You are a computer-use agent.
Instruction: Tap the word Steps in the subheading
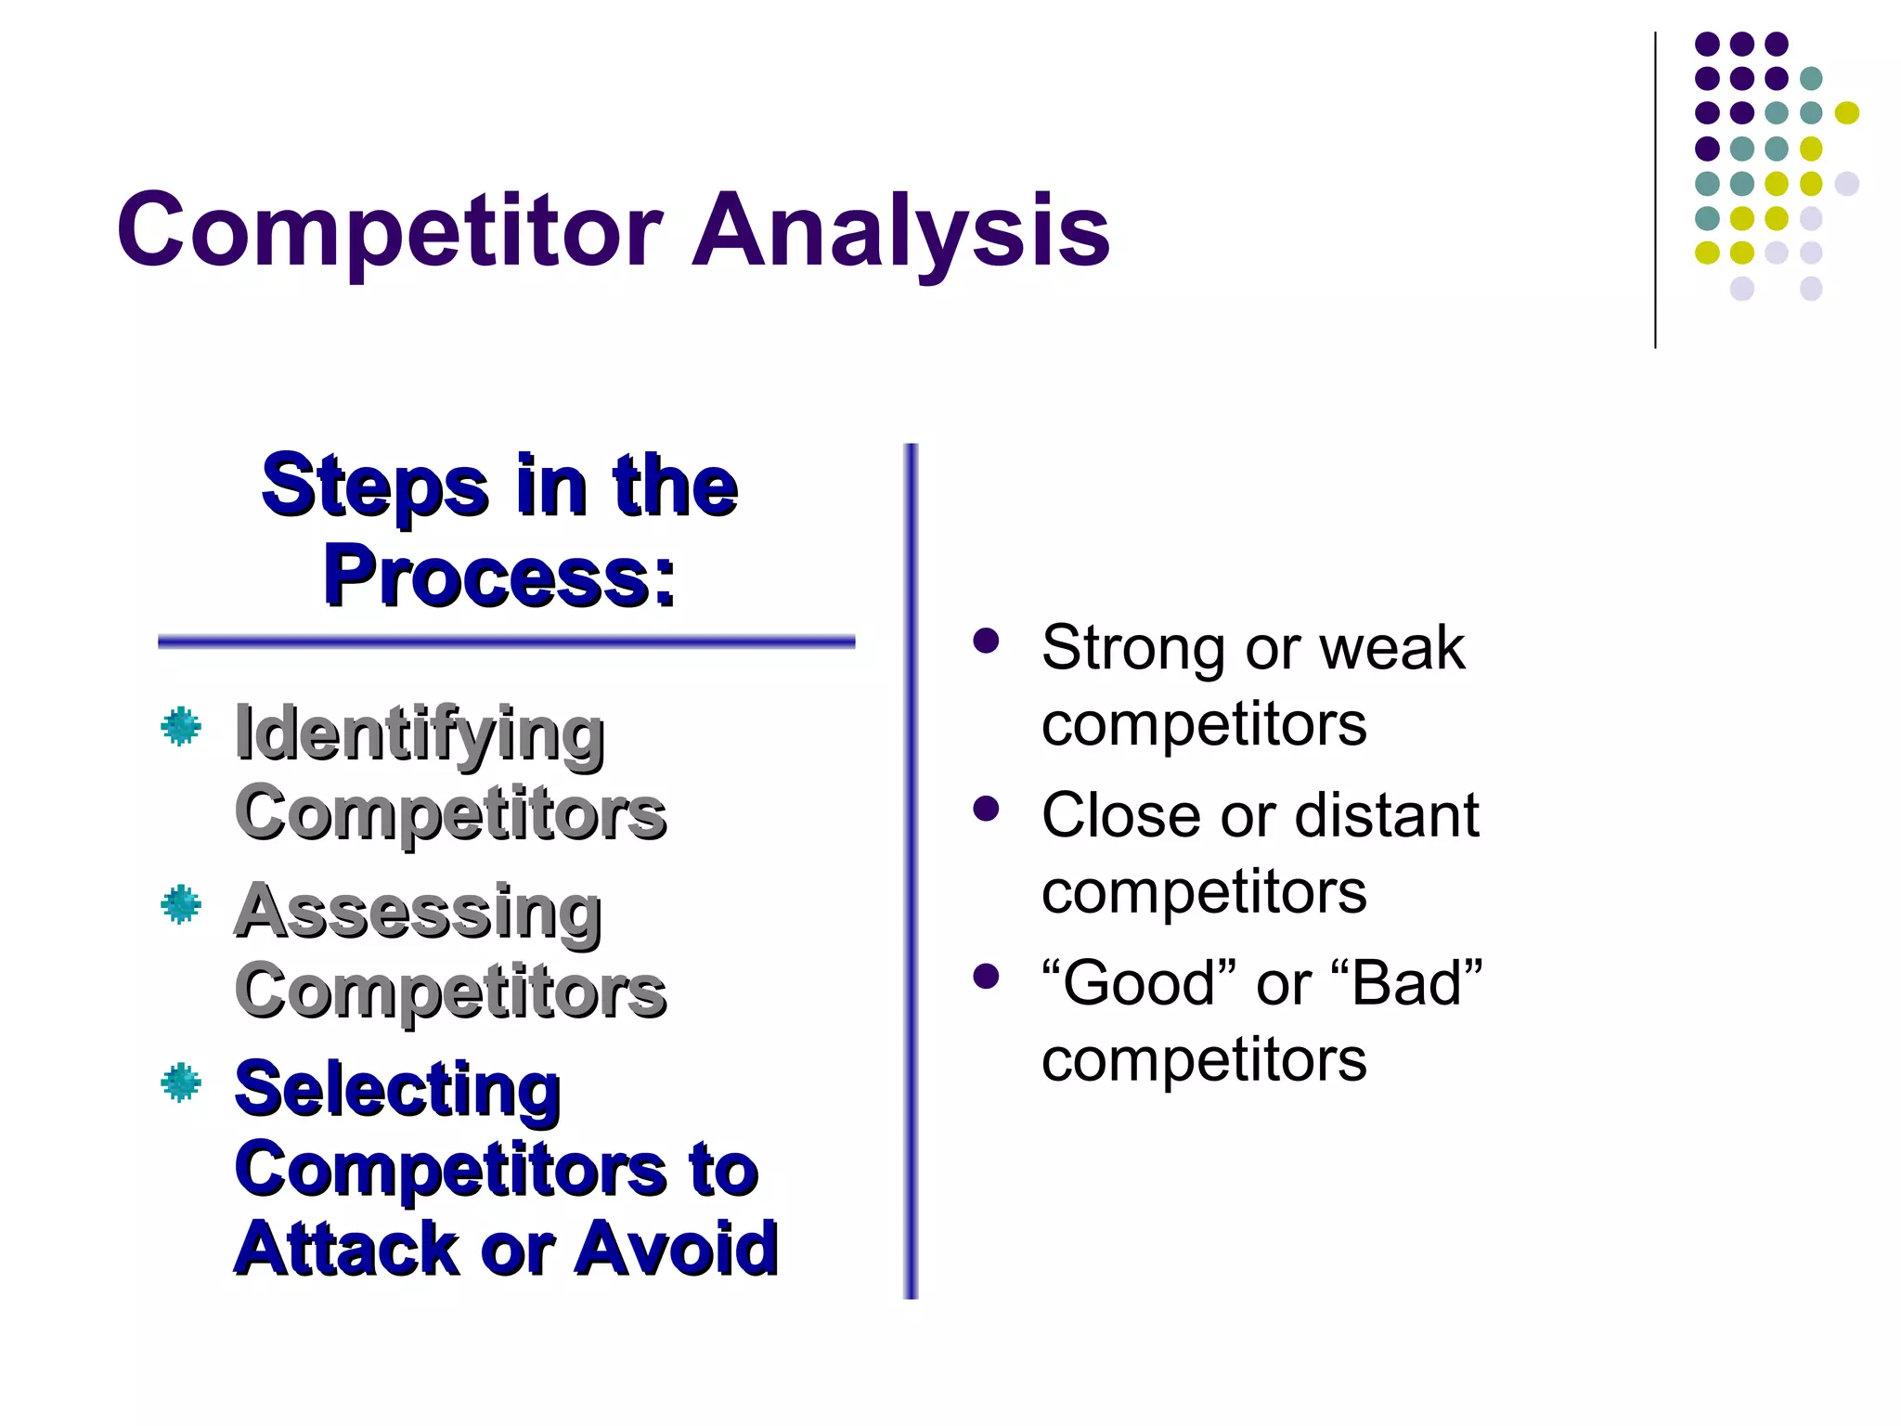pyautogui.click(x=374, y=486)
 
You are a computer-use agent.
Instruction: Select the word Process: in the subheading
pyautogui.click(x=499, y=577)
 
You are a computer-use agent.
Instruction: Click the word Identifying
pyautogui.click(x=420, y=733)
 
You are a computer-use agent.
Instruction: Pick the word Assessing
pyautogui.click(x=418, y=912)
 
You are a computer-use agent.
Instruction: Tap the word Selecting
pyautogui.click(x=397, y=1089)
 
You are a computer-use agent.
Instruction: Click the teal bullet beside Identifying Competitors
pyautogui.click(x=181, y=726)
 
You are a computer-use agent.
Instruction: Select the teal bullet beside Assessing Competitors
pyautogui.click(x=181, y=904)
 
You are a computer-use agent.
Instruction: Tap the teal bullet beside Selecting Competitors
pyautogui.click(x=181, y=1082)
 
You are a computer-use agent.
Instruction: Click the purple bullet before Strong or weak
pyautogui.click(x=986, y=641)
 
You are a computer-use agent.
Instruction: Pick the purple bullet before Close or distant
pyautogui.click(x=986, y=809)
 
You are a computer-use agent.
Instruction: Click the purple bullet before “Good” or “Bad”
pyautogui.click(x=986, y=976)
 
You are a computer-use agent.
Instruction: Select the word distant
pyautogui.click(x=1387, y=816)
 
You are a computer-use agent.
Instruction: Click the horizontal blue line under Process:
pyautogui.click(x=506, y=642)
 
